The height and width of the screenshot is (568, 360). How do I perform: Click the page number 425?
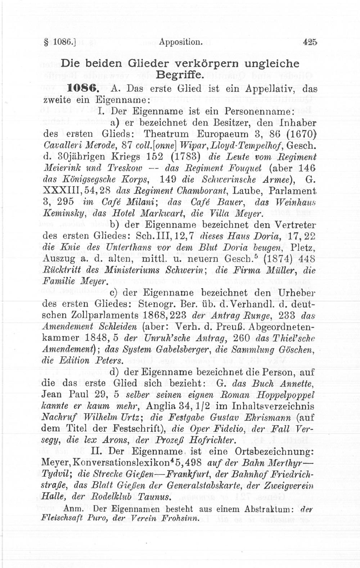point(310,42)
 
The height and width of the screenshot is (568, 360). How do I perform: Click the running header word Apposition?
point(179,42)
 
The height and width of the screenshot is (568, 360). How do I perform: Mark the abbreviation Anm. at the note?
point(74,509)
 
